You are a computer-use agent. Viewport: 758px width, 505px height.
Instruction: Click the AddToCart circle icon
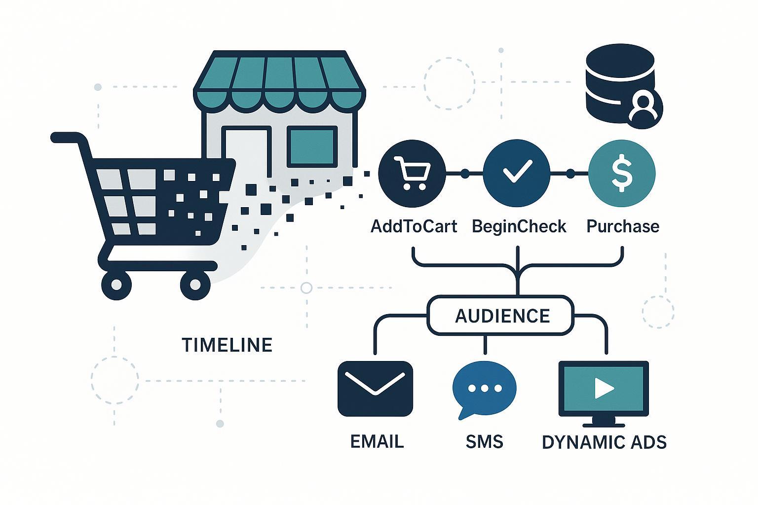point(412,173)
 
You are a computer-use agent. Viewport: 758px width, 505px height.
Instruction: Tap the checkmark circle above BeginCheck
point(516,173)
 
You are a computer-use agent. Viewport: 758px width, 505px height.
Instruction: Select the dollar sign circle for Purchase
point(622,173)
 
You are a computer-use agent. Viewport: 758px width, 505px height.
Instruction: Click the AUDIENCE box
point(501,316)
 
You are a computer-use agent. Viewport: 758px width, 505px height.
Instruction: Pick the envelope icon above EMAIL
point(375,389)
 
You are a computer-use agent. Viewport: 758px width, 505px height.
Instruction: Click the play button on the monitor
point(603,388)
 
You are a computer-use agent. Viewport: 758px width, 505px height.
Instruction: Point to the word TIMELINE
point(227,345)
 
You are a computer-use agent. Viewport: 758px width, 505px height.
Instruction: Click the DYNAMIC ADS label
point(604,442)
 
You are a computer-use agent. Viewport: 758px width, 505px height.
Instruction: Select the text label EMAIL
point(377,441)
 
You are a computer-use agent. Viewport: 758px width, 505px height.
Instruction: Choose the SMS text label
point(484,441)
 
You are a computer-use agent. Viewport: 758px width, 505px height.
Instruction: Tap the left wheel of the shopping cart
point(116,285)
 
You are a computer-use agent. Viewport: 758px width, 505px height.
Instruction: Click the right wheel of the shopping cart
point(195,285)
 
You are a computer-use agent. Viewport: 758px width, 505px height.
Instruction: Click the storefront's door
point(247,153)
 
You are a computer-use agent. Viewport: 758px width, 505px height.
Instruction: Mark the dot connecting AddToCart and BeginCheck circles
point(464,174)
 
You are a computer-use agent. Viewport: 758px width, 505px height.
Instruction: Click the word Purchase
point(623,226)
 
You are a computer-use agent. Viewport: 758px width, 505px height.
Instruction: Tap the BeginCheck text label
point(519,226)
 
